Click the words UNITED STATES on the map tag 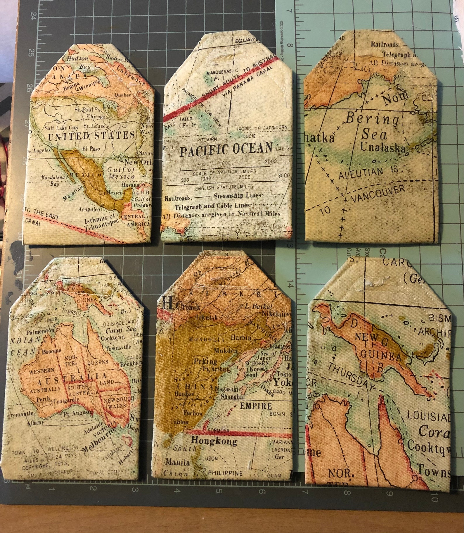(91, 136)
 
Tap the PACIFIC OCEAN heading (226, 149)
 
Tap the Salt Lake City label (61, 127)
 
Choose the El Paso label (91, 148)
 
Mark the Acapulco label (89, 209)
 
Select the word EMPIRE (256, 406)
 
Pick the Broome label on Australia (51, 351)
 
